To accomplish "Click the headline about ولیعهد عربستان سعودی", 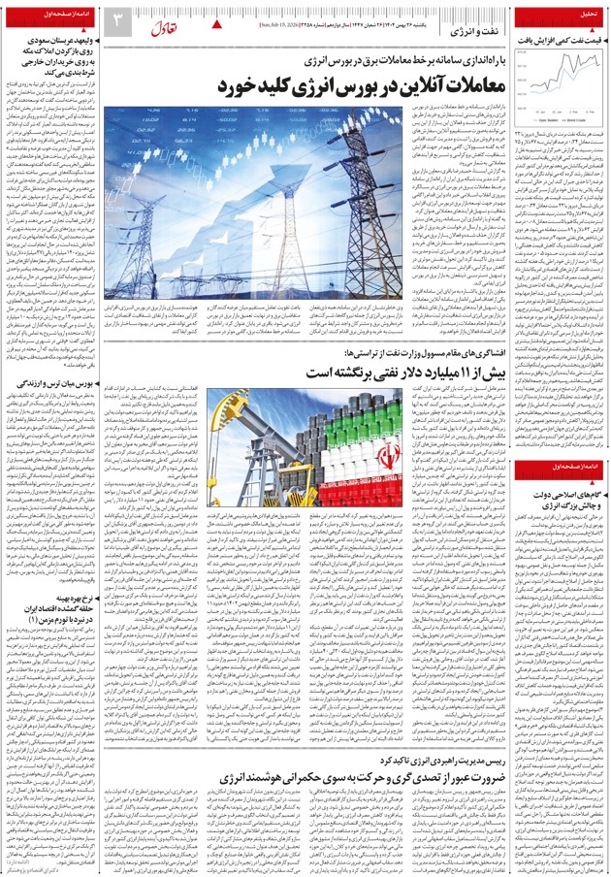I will [x=58, y=53].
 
